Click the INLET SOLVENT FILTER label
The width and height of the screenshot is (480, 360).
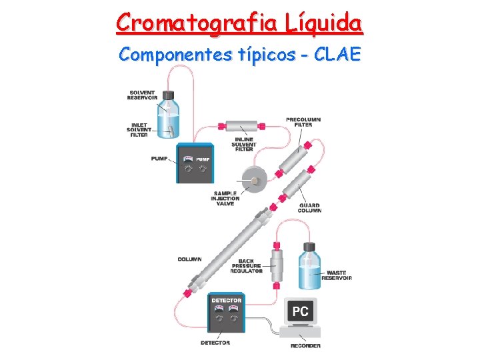pos(138,129)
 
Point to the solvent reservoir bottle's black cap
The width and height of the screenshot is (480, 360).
pos(168,96)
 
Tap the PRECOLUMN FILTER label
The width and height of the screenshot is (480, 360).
pos(303,122)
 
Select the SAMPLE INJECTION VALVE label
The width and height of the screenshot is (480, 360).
pos(225,199)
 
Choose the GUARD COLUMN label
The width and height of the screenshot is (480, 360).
pos(309,208)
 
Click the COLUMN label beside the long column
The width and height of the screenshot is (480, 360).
pos(190,259)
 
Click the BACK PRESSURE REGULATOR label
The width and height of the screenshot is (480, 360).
pos(245,266)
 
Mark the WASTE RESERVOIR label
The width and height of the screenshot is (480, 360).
pos(339,275)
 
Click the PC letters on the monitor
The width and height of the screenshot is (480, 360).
pos(301,311)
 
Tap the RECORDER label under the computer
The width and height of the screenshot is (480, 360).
pos(305,345)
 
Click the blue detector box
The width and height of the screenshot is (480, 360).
pos(227,313)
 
